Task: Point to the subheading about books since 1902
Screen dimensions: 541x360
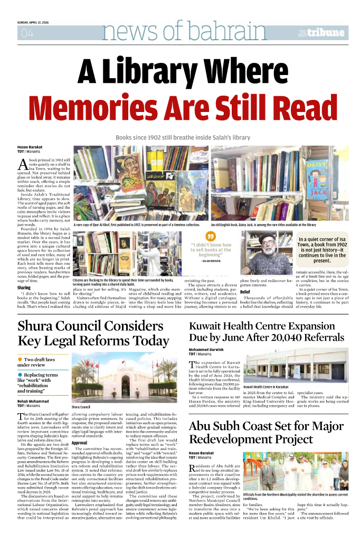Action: [183, 137]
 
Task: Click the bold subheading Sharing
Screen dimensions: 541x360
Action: [24, 287]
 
